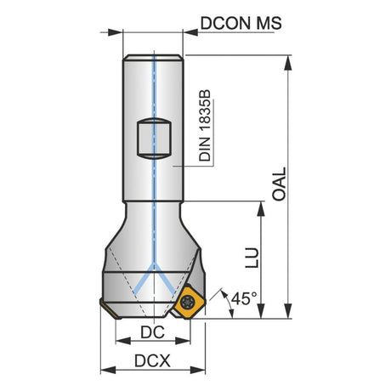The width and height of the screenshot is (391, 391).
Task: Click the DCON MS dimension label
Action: coord(241,23)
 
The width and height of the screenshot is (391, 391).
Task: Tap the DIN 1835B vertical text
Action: coord(205,126)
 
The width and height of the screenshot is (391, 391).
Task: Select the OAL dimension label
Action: coord(279,184)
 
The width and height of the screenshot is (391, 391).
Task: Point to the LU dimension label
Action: coord(252,258)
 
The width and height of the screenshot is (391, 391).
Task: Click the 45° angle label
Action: coord(244,298)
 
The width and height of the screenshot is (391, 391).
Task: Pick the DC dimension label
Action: coord(152,332)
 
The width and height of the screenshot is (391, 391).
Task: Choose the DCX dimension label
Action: coord(152,361)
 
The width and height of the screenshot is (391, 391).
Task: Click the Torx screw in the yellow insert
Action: coord(187,301)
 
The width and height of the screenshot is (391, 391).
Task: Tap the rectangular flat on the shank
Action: coord(154,139)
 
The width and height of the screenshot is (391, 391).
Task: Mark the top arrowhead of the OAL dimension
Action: coord(288,63)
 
